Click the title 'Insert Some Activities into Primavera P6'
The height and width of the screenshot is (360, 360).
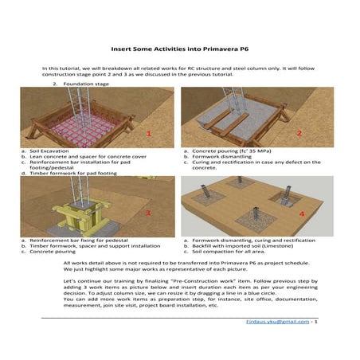click(x=180, y=49)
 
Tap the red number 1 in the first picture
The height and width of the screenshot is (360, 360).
click(x=149, y=134)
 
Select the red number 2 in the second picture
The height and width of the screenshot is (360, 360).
click(x=299, y=133)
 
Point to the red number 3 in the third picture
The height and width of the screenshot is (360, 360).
click(x=148, y=213)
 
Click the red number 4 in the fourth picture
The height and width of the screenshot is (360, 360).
click(x=302, y=213)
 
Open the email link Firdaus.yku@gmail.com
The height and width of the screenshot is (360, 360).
click(x=278, y=322)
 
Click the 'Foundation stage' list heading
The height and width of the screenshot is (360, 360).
click(x=86, y=84)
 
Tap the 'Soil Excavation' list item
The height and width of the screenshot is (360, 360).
click(x=49, y=151)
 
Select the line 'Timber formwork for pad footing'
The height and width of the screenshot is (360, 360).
click(x=73, y=174)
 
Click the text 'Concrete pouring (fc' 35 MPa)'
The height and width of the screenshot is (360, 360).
click(x=232, y=151)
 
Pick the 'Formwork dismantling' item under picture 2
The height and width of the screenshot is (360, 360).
click(x=221, y=157)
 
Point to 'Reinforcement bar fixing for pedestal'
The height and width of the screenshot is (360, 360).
click(x=79, y=241)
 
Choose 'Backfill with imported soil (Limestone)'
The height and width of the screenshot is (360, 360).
click(x=243, y=246)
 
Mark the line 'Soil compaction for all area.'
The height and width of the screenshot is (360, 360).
click(x=229, y=252)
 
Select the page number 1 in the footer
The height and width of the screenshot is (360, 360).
click(x=316, y=322)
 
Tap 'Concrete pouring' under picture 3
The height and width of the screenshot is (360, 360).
click(x=53, y=252)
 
